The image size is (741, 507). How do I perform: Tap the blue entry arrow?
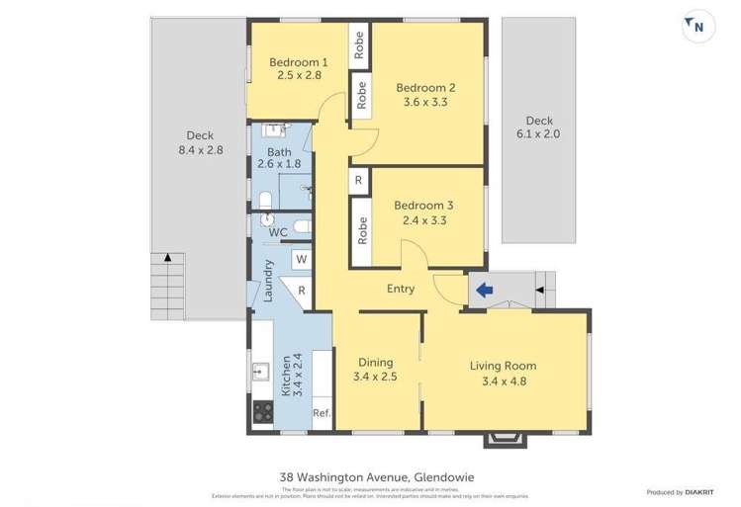[485, 291]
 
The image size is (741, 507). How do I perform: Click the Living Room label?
[504, 366]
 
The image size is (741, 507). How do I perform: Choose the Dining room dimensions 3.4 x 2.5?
[374, 377]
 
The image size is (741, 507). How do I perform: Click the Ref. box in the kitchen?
[321, 413]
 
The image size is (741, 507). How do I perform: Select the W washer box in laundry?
[302, 260]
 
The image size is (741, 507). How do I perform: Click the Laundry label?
[268, 280]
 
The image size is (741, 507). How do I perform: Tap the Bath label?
[279, 152]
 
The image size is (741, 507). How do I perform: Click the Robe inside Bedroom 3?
[362, 230]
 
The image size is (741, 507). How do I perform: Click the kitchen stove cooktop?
[262, 412]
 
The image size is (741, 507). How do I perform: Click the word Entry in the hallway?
[401, 289]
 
